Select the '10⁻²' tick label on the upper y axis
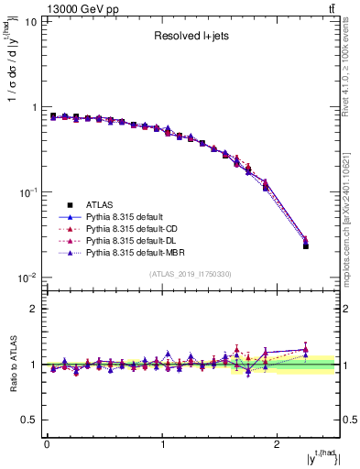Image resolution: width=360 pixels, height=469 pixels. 27,278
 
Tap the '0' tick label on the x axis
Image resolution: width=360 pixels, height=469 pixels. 47,446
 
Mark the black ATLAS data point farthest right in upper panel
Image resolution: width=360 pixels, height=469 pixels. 306,245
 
